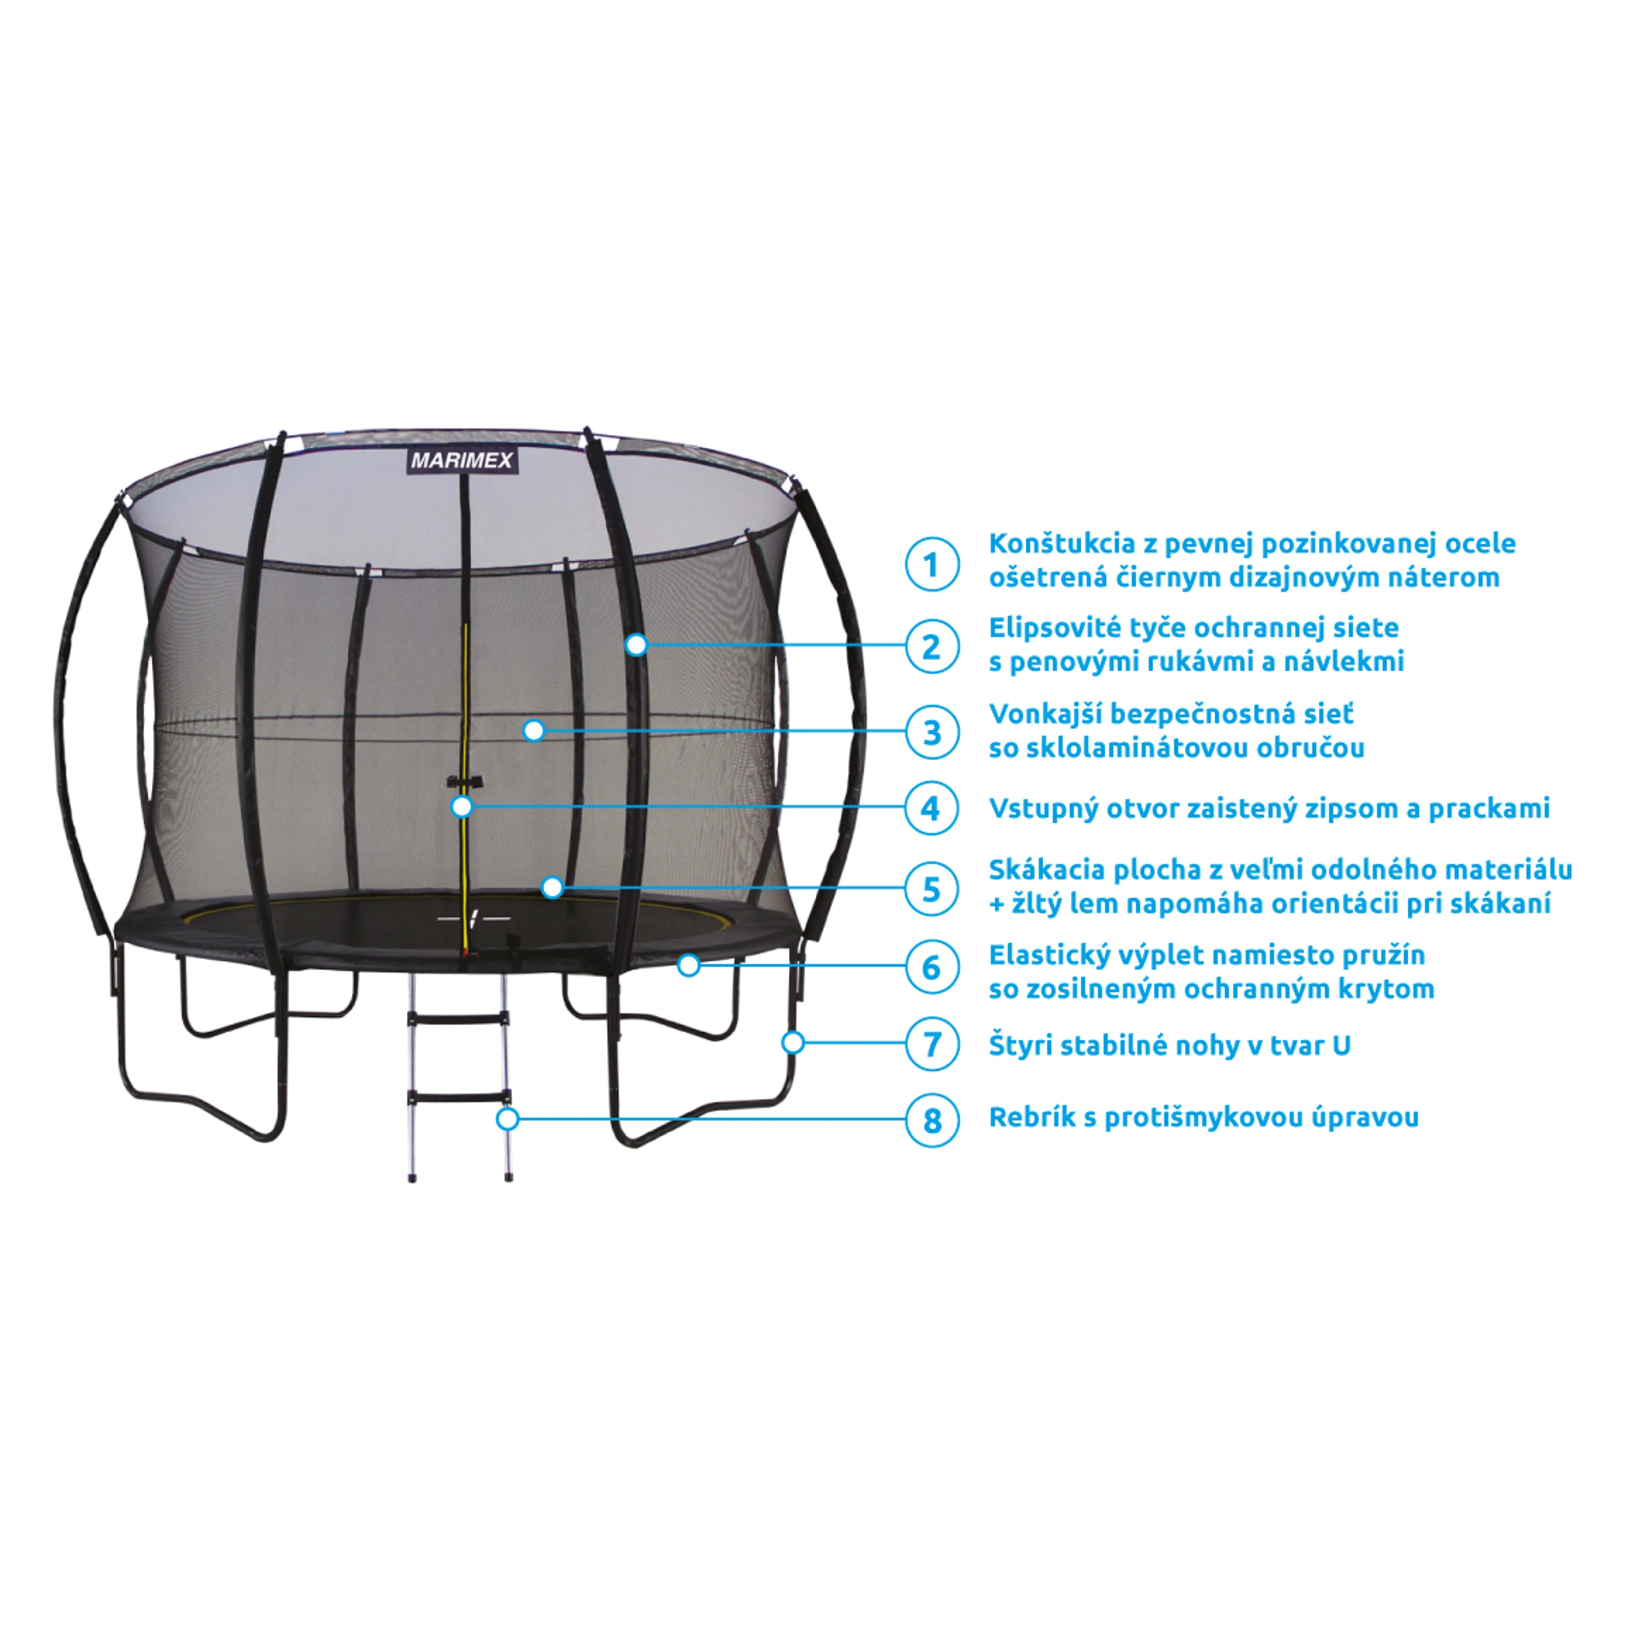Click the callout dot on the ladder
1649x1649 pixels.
(x=508, y=1119)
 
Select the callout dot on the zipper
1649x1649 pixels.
(x=462, y=806)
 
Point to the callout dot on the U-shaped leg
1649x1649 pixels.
(x=793, y=1042)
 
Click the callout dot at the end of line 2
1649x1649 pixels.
(x=636, y=645)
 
